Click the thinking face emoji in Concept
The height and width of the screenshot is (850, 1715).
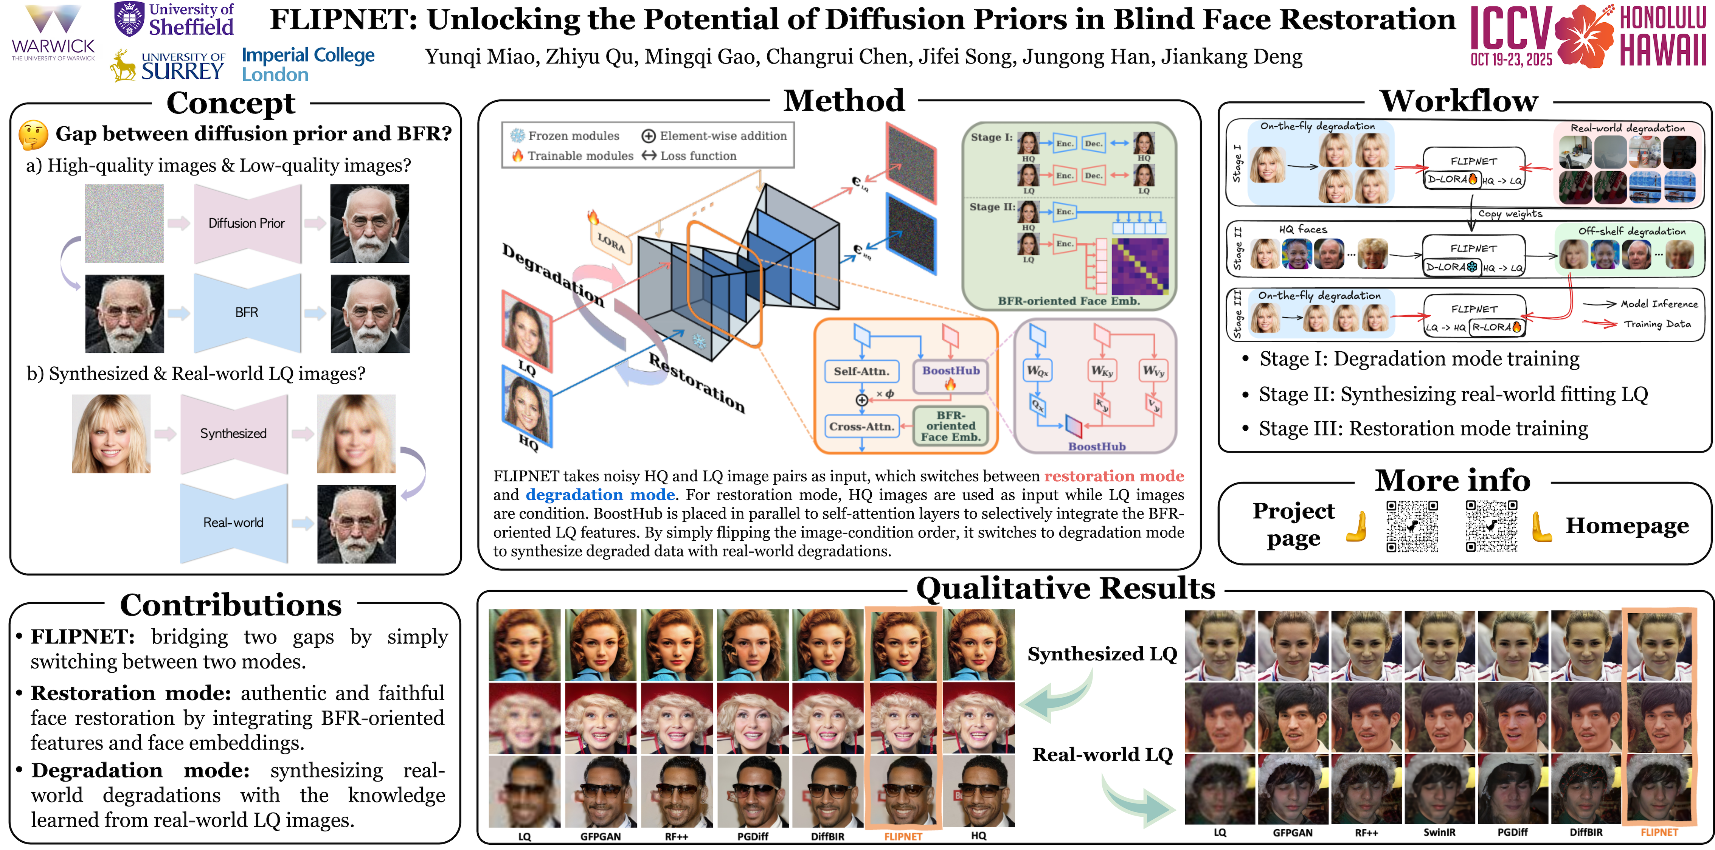tap(33, 135)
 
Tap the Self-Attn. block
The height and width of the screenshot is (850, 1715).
tap(861, 371)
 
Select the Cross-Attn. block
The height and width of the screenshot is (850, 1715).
tap(861, 427)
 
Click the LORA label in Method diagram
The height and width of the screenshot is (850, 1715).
tap(610, 242)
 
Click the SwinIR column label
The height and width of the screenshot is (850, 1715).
tap(1439, 833)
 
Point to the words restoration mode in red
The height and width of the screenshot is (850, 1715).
tap(1114, 476)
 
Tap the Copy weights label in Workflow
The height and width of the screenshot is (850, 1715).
tap(1510, 214)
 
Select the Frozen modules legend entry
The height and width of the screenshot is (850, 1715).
tap(565, 136)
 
